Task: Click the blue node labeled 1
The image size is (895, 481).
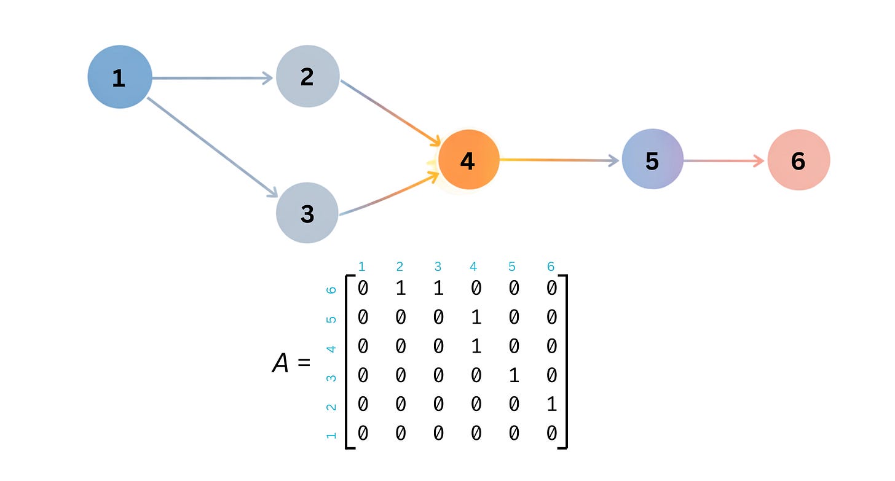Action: (119, 77)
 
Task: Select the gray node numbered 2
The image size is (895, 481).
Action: (307, 76)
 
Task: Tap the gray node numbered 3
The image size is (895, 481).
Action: (307, 213)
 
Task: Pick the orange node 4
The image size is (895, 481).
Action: (468, 160)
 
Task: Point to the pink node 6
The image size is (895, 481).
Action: (798, 160)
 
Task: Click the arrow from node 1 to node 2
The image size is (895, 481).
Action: (212, 78)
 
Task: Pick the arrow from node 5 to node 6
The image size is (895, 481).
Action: (723, 161)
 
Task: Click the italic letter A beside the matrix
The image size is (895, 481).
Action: (280, 364)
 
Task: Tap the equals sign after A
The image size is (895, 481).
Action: (303, 364)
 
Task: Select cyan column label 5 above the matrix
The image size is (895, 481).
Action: (512, 267)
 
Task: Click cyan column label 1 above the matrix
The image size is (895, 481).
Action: (361, 267)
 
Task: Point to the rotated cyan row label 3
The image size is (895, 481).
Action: (331, 377)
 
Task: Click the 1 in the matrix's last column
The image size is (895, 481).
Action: (551, 404)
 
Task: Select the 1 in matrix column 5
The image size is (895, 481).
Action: (514, 375)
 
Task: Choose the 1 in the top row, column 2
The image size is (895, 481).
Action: (400, 287)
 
